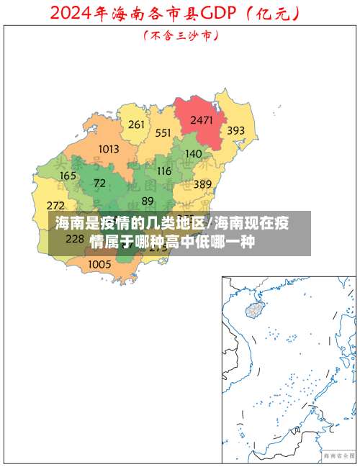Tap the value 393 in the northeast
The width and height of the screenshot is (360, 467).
[235, 131]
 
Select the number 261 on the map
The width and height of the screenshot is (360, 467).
[136, 124]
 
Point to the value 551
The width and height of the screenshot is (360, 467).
[163, 132]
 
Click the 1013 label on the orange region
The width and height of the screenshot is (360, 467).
[108, 149]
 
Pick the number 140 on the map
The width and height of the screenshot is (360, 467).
[194, 153]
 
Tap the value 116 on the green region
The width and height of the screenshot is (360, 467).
[164, 171]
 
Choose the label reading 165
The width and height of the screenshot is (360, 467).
[68, 176]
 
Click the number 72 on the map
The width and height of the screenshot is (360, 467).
[99, 183]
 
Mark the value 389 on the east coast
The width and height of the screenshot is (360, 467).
[202, 184]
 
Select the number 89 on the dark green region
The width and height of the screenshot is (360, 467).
[148, 201]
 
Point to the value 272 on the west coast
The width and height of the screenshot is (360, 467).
[55, 206]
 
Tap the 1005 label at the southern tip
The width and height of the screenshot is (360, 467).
[99, 264]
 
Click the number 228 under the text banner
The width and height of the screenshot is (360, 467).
[75, 238]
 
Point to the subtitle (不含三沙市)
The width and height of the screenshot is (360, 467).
[181, 34]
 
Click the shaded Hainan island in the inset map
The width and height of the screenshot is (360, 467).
[254, 310]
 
